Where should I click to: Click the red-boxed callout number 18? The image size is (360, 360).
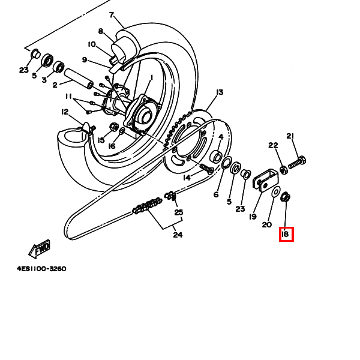point(286,234)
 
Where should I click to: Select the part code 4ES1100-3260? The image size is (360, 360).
point(41,269)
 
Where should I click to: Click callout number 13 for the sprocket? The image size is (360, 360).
point(219,92)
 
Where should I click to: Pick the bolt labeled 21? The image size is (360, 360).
point(298,162)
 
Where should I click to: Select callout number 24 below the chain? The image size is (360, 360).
point(178,235)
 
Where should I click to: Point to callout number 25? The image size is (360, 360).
point(178,212)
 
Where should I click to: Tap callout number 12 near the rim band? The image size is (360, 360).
point(65,112)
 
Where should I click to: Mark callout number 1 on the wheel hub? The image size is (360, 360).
point(152,77)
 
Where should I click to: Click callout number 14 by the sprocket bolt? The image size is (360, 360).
point(187,178)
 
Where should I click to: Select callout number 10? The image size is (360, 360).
point(91,44)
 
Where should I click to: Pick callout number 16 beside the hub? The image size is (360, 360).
point(111,146)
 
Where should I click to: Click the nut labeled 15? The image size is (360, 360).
point(113,127)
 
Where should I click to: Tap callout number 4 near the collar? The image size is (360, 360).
point(221,137)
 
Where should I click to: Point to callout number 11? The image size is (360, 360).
point(69,96)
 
